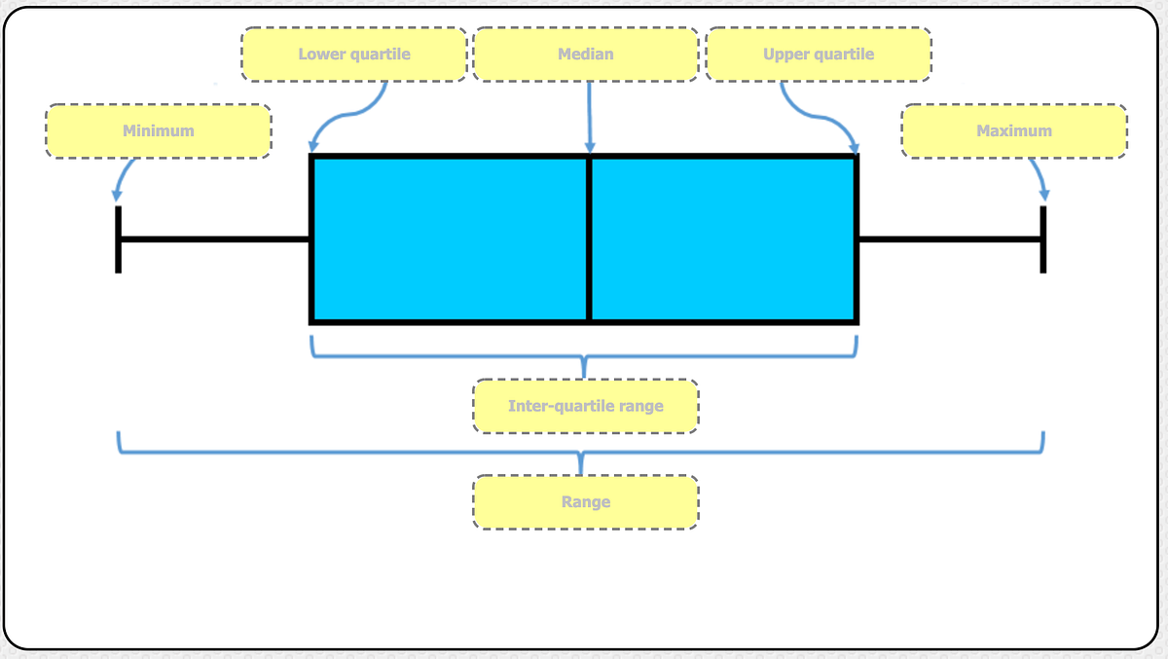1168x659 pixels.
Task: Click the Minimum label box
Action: click(158, 131)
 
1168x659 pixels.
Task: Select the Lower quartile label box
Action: click(354, 54)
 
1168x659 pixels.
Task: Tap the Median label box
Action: click(586, 54)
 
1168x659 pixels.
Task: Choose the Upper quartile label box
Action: click(819, 54)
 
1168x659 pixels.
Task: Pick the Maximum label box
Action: click(1014, 131)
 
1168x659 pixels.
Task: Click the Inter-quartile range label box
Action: click(586, 406)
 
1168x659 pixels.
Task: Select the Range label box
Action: click(586, 502)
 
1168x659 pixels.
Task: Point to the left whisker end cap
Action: click(119, 238)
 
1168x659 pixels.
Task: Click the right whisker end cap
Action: click(1043, 238)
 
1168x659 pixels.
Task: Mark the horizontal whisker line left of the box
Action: click(214, 238)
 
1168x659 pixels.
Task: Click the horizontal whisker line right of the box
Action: click(949, 238)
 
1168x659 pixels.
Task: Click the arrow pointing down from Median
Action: click(589, 117)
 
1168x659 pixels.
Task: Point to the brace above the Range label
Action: click(581, 452)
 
